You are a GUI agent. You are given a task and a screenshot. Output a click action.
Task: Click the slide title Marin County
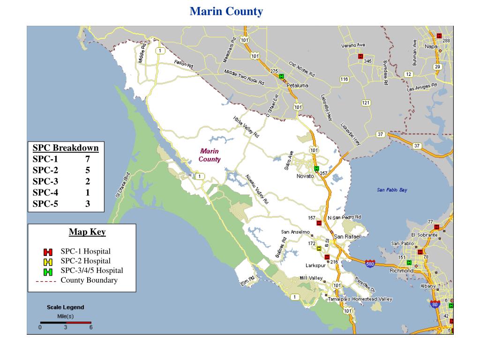tap(226, 11)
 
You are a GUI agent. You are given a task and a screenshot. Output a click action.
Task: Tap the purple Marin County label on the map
tap(210, 155)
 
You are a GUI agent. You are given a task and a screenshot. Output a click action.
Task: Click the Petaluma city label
tap(298, 85)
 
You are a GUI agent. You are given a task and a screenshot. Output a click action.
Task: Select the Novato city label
tap(305, 176)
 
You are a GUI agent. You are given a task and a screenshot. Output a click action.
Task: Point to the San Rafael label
tap(347, 237)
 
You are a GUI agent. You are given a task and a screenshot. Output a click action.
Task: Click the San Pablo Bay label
tap(392, 190)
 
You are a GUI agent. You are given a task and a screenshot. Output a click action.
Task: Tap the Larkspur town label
tap(315, 265)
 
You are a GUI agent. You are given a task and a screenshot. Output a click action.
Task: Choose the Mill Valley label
tap(311, 278)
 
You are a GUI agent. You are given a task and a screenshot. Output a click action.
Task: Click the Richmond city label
tap(401, 270)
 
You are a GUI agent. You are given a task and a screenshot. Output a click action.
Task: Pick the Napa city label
tap(431, 46)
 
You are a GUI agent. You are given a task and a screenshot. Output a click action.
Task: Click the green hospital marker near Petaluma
tap(281, 76)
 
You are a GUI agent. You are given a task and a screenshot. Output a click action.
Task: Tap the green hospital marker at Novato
tap(316, 168)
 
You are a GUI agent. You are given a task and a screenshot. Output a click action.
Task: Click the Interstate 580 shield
tap(370, 264)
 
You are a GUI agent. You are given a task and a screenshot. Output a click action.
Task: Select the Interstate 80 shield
tap(435, 304)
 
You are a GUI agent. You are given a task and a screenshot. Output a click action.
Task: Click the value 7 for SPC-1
tap(88, 159)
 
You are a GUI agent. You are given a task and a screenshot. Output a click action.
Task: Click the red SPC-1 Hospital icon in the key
tap(48, 252)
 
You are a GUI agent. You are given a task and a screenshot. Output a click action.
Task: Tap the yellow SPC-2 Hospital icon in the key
tap(48, 262)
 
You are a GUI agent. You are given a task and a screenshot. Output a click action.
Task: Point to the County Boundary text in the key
tap(89, 280)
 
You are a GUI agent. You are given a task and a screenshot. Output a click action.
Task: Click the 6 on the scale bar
tap(91, 328)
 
